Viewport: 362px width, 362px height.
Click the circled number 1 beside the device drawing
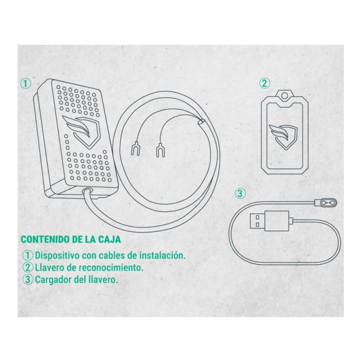tap(26, 84)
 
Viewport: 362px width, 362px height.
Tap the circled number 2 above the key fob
tap(264, 83)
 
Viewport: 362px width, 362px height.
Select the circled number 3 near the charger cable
tap(240, 194)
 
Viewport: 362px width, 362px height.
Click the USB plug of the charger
tap(269, 221)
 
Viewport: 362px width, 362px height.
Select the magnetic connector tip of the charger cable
tap(327, 202)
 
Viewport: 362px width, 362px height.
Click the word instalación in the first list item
tap(163, 256)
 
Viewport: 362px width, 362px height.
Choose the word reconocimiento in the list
tap(111, 268)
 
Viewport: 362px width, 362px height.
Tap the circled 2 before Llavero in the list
tap(28, 267)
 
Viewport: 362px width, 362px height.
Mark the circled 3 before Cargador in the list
tap(28, 280)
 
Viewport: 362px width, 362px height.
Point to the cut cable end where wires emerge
tap(200, 122)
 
